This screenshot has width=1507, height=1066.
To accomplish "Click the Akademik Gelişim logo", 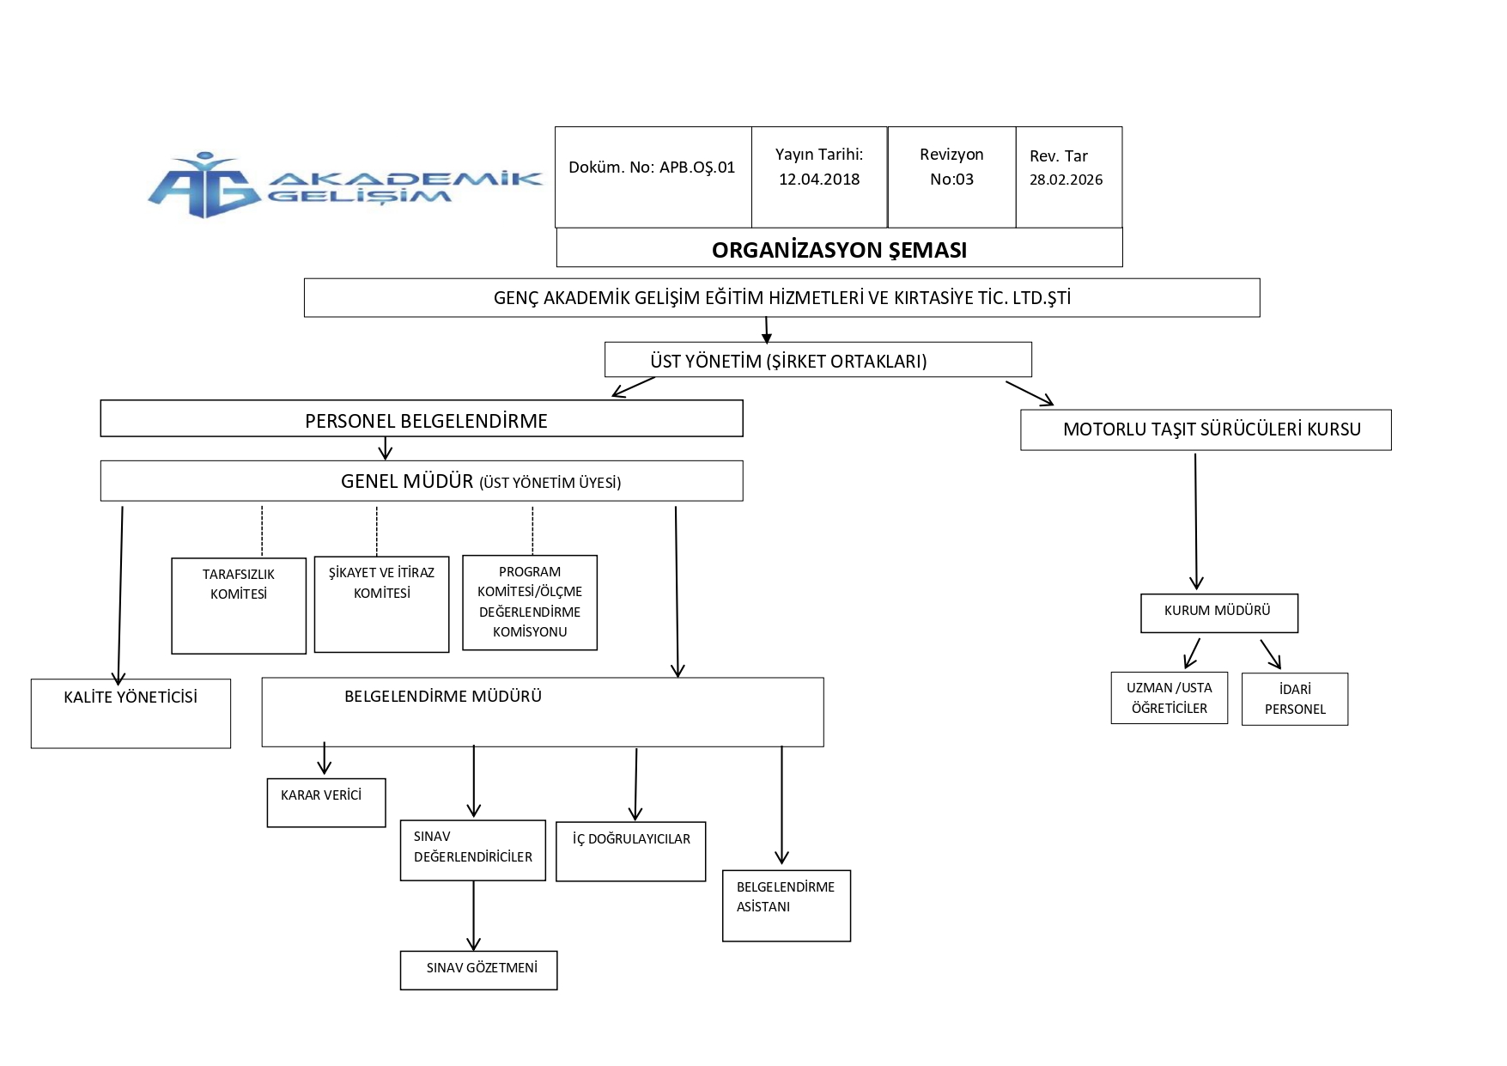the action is click(x=344, y=185).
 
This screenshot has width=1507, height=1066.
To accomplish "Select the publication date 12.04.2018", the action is click(x=819, y=180).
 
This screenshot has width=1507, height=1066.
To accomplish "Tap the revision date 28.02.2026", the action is click(x=1066, y=180).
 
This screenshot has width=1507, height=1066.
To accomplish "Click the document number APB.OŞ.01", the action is click(x=697, y=168).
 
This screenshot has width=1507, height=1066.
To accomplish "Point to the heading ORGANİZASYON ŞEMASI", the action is click(x=839, y=250).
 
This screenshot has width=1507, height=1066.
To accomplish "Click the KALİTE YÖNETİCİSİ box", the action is click(x=131, y=714).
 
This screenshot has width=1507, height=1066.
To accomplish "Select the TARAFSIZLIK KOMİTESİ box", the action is click(x=239, y=606).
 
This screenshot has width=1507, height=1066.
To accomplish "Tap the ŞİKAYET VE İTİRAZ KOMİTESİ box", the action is click(x=381, y=605).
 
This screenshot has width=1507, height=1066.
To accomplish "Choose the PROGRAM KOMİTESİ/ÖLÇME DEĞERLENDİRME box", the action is click(x=530, y=603).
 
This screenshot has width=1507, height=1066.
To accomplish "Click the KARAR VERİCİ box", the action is click(x=326, y=803).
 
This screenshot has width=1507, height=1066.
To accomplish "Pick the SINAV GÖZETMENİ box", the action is click(x=478, y=971).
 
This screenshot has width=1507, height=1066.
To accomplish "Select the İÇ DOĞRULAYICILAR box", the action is click(x=631, y=851).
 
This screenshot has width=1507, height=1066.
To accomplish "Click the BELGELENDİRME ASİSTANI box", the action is click(x=787, y=906).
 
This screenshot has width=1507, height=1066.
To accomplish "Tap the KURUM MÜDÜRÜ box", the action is click(x=1219, y=613).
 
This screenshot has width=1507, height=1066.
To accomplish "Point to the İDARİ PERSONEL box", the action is click(x=1295, y=699).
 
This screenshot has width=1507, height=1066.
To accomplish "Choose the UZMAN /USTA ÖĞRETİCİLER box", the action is click(x=1170, y=698).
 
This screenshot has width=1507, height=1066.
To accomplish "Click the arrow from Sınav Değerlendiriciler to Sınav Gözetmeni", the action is click(x=473, y=916).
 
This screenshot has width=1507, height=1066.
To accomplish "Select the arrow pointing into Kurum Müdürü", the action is click(x=1196, y=521).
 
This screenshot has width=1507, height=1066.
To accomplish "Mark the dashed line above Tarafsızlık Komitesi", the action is click(x=262, y=532).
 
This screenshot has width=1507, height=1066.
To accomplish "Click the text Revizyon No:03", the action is click(x=951, y=167).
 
